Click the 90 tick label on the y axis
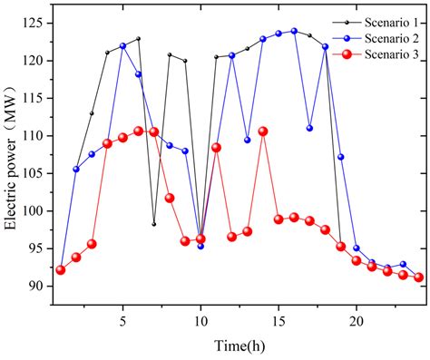(36, 286)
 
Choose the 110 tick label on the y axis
(33, 136)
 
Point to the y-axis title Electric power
(12, 154)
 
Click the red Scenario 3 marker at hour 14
(263, 131)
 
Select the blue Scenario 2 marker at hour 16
(294, 31)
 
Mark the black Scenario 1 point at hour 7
(154, 224)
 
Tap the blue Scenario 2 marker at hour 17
(309, 128)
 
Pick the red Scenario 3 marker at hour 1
(61, 269)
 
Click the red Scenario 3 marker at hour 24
(418, 277)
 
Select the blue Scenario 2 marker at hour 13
(248, 140)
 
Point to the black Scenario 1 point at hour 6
(139, 39)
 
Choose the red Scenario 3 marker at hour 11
(216, 147)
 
